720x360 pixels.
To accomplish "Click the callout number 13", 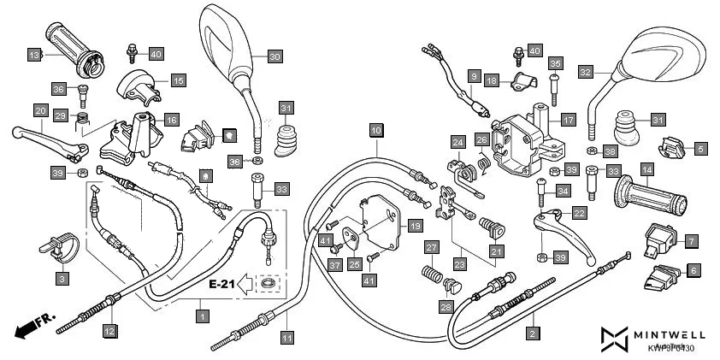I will [34, 55].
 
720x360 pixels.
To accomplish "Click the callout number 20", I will [40, 110].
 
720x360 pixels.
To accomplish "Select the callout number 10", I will [376, 130].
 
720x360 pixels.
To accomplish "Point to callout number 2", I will [533, 333].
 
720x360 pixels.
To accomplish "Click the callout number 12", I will [109, 330].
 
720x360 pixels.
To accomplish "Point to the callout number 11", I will [286, 337].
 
